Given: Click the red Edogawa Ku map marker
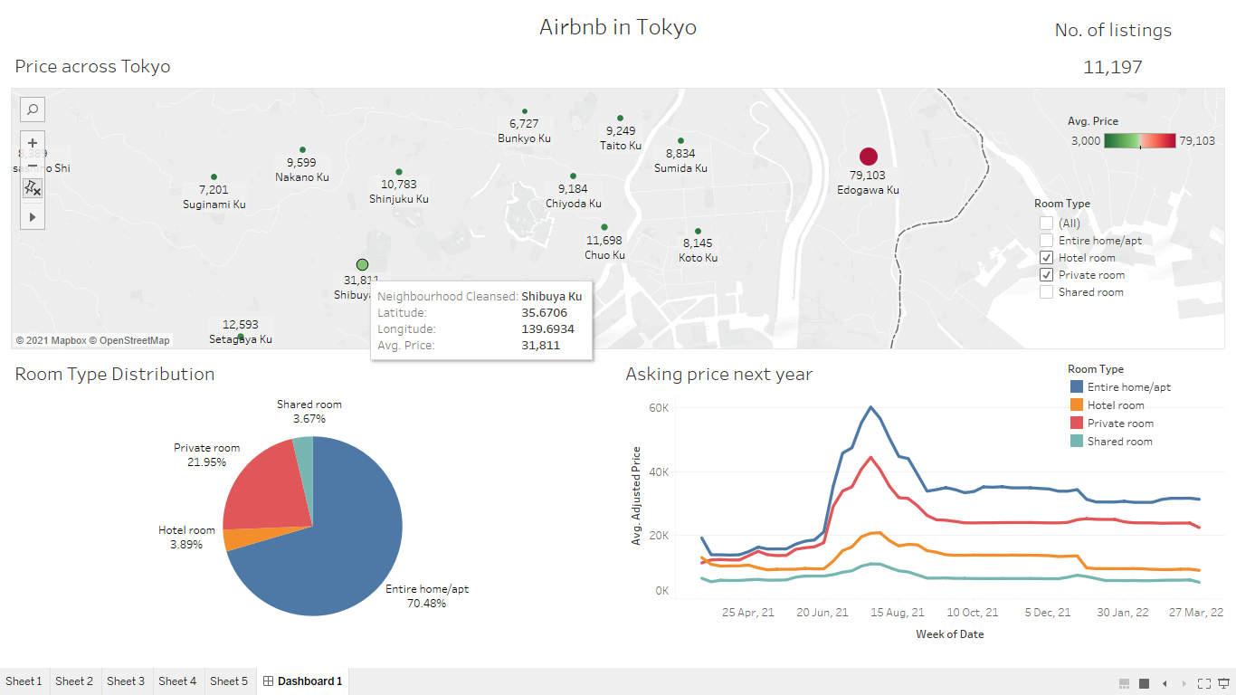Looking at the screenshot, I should [869, 157].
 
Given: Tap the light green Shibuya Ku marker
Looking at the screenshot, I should [363, 264].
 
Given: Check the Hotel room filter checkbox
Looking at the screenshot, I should [1047, 258].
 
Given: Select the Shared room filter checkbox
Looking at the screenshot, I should [1047, 292].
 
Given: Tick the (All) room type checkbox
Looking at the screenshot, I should [1047, 224].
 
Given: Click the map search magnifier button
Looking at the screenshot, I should [33, 109].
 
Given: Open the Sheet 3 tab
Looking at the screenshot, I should [126, 681].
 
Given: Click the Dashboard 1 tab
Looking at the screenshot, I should [303, 681].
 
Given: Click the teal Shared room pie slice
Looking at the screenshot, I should [303, 443].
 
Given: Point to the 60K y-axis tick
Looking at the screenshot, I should [658, 408].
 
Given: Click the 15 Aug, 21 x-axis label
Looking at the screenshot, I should [898, 613].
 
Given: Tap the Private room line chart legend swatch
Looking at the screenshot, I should [1076, 424].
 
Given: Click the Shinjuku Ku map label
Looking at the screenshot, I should [399, 199].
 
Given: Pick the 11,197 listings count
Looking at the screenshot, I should [1112, 67].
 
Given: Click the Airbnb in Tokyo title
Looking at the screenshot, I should [618, 27].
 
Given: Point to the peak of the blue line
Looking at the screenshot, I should [870, 407].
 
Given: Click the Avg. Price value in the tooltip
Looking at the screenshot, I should [541, 346].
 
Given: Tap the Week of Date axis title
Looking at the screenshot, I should [949, 634].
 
